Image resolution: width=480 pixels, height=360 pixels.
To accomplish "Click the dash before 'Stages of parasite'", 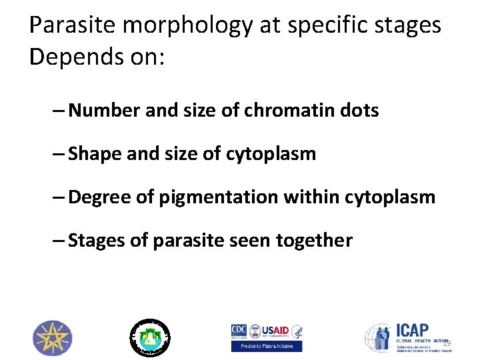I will [x=58, y=240].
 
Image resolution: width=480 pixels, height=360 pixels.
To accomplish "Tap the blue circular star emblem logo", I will [x=53, y=337].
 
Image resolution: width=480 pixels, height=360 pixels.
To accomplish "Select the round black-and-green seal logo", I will [x=149, y=337].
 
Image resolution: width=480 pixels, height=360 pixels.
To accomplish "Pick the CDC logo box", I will [x=238, y=331].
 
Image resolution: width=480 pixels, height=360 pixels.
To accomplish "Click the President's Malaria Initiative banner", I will [x=267, y=346].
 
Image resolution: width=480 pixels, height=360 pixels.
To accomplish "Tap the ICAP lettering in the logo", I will [x=414, y=331].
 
